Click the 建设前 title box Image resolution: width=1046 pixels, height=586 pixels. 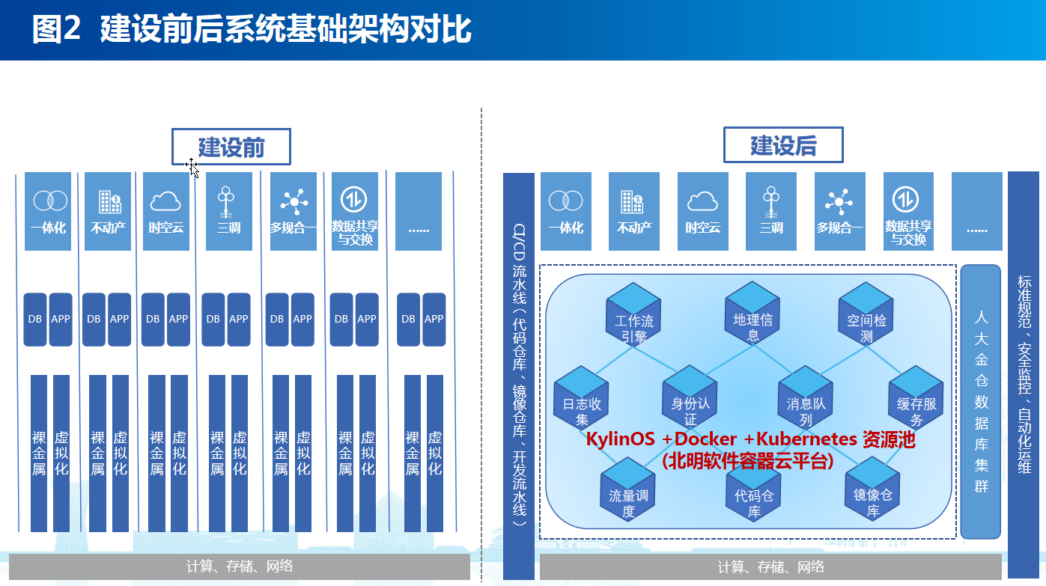click(x=231, y=146)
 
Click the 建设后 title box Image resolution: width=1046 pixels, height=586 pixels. click(x=782, y=145)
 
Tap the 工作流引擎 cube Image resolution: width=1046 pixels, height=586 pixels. click(x=634, y=314)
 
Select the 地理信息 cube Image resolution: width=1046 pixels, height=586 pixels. click(x=752, y=314)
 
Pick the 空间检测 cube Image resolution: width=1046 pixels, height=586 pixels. click(x=866, y=314)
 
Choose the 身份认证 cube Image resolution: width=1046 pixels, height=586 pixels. click(x=690, y=397)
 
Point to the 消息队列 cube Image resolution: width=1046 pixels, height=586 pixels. click(x=805, y=397)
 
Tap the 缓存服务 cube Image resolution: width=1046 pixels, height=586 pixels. click(x=916, y=397)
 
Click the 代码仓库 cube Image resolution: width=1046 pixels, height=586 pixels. click(x=753, y=490)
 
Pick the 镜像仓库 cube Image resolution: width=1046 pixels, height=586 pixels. click(x=873, y=490)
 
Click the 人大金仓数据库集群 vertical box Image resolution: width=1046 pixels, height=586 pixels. click(x=981, y=401)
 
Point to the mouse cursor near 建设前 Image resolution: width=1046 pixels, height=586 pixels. click(x=192, y=167)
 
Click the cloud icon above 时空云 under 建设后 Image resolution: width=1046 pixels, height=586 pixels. click(x=702, y=201)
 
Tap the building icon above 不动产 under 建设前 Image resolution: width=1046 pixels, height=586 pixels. click(x=109, y=201)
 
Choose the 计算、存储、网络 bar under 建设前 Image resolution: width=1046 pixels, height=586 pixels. click(x=239, y=567)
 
